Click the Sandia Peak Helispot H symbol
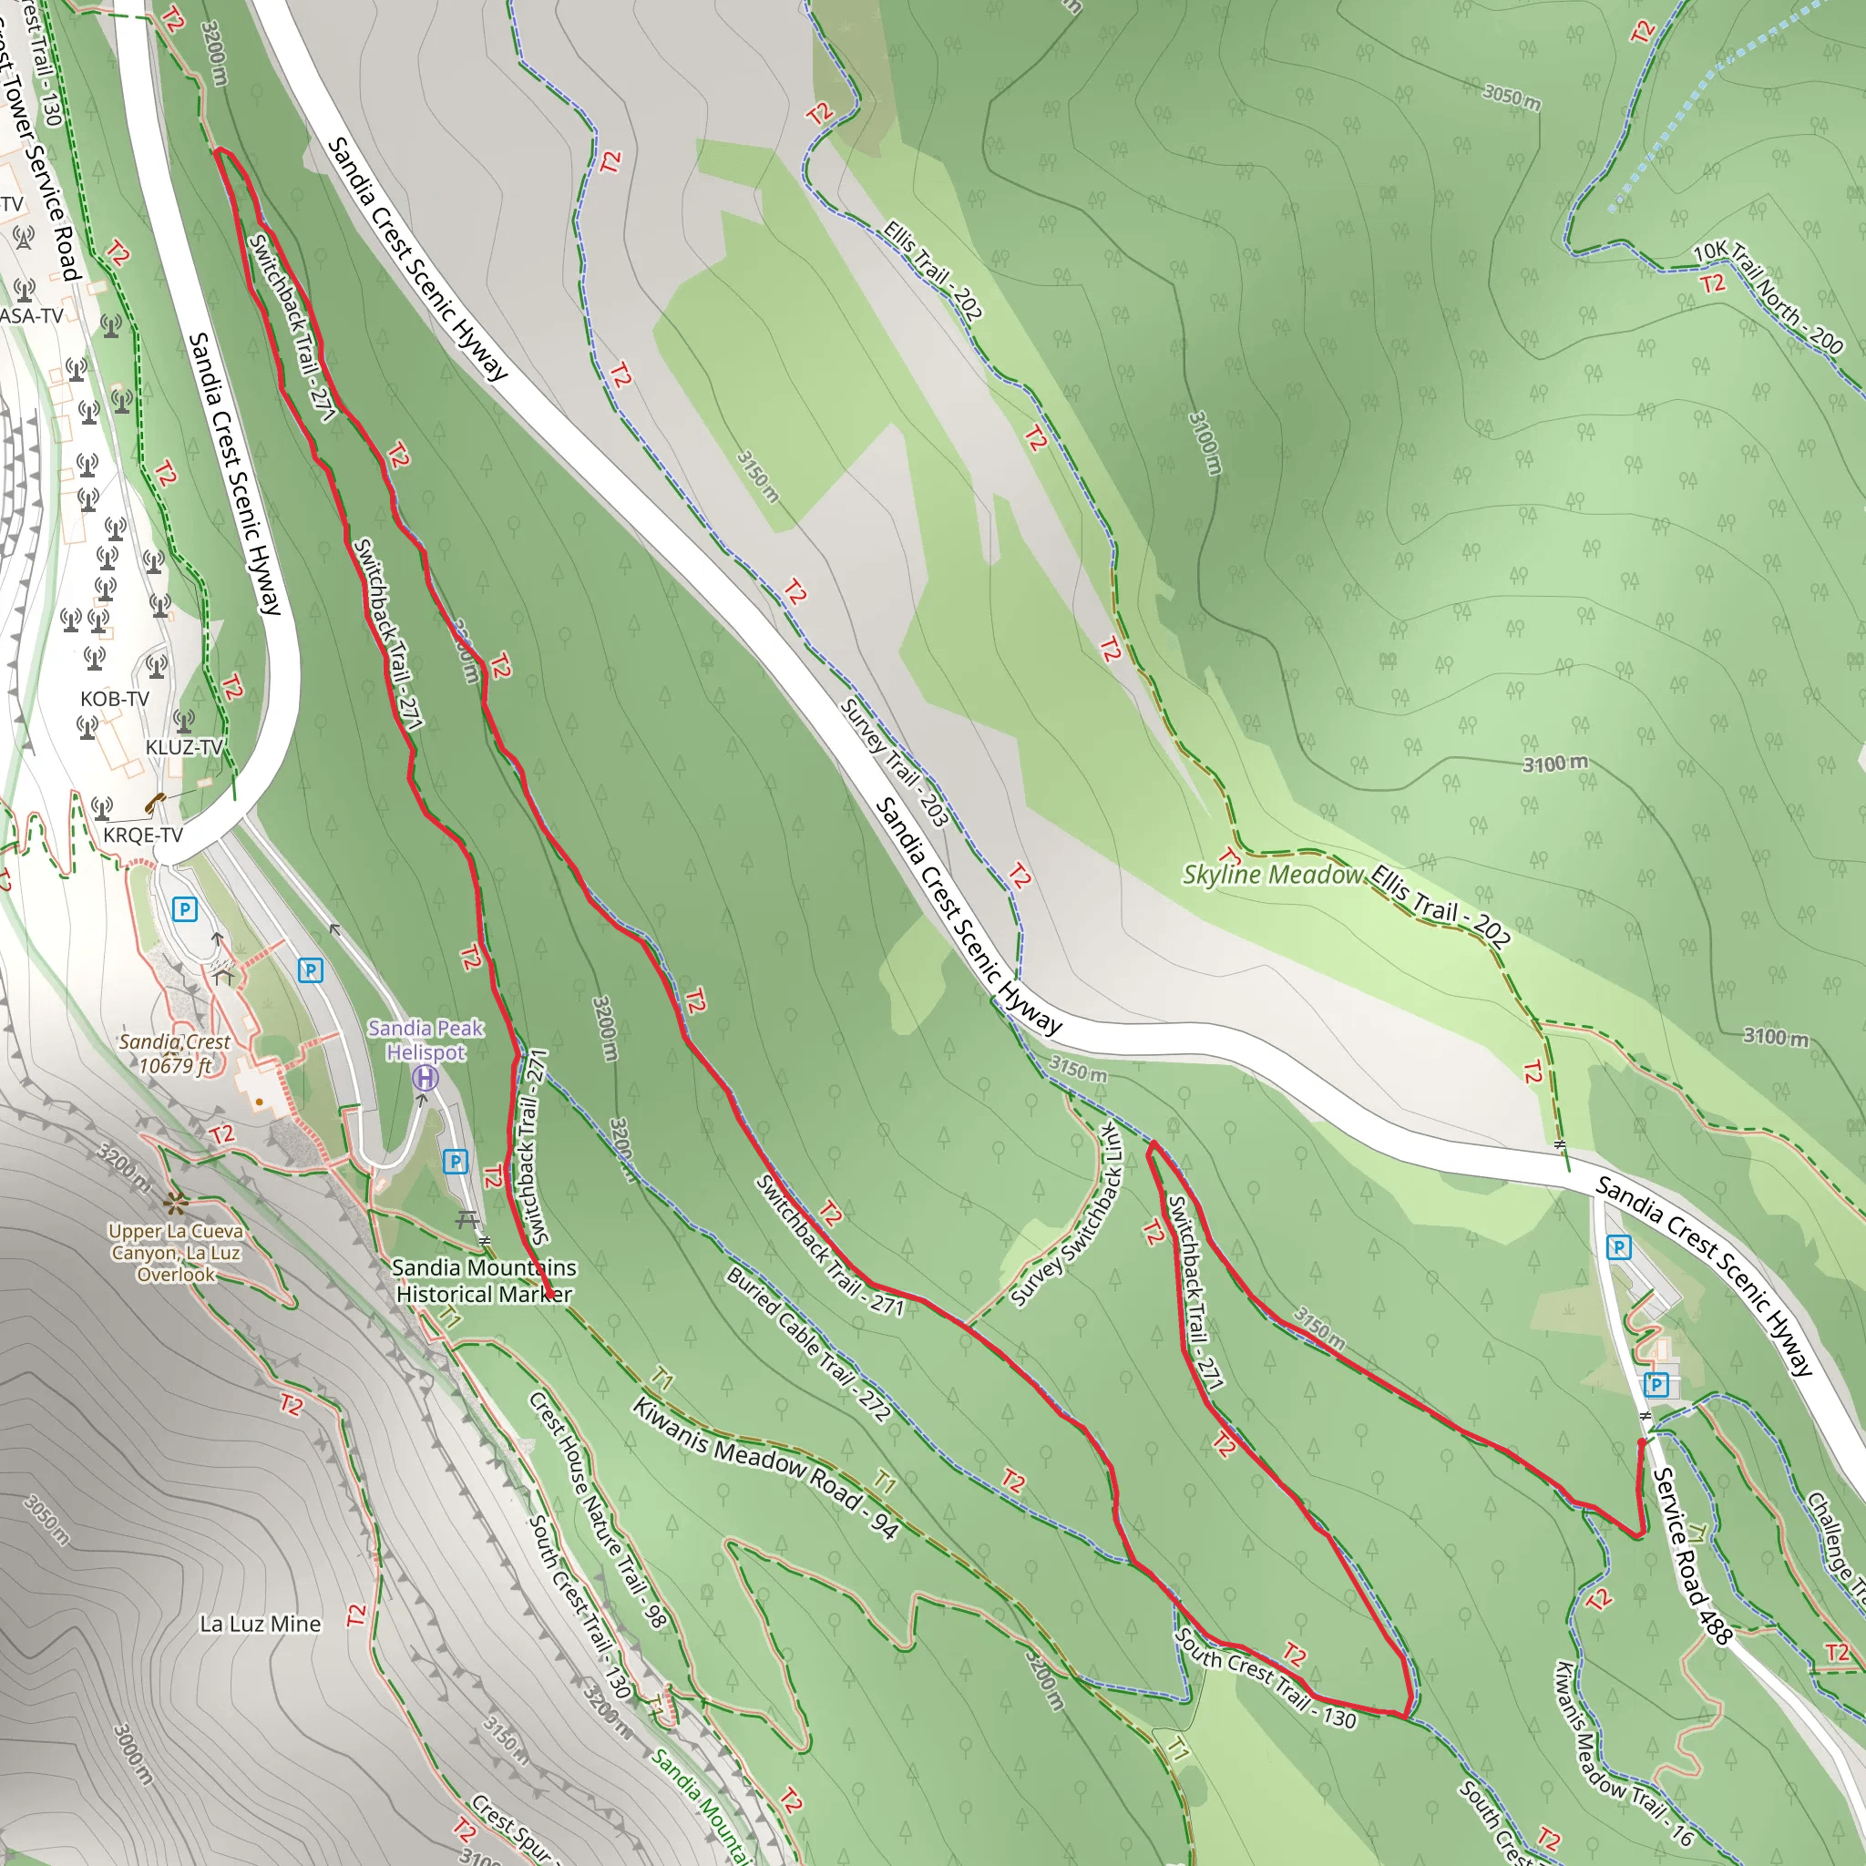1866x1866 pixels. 425,1078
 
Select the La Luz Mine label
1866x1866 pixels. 260,1624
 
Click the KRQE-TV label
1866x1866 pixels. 143,835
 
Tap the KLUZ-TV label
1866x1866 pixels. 183,747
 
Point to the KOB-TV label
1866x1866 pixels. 114,698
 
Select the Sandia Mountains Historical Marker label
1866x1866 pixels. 484,1281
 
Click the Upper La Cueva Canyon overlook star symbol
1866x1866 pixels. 175,1204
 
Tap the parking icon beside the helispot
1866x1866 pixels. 455,1162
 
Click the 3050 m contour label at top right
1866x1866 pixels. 1512,97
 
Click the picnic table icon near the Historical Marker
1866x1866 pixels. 467,1220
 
